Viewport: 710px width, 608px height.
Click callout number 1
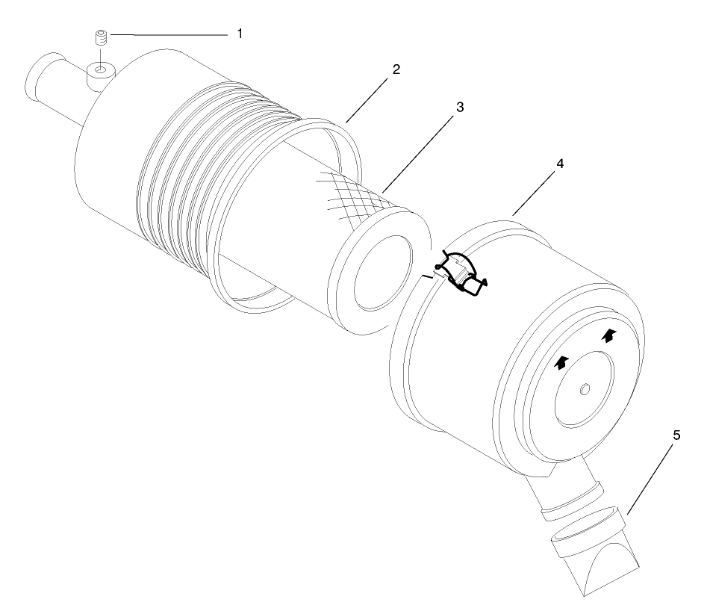coord(240,34)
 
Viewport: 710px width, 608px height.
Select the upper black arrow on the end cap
coord(610,335)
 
